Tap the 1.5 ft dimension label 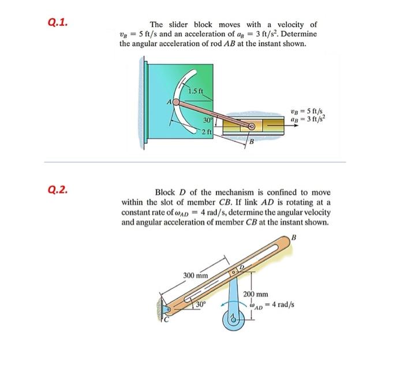coord(194,91)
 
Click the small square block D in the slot coord(235,269)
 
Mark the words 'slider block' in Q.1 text coord(191,25)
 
